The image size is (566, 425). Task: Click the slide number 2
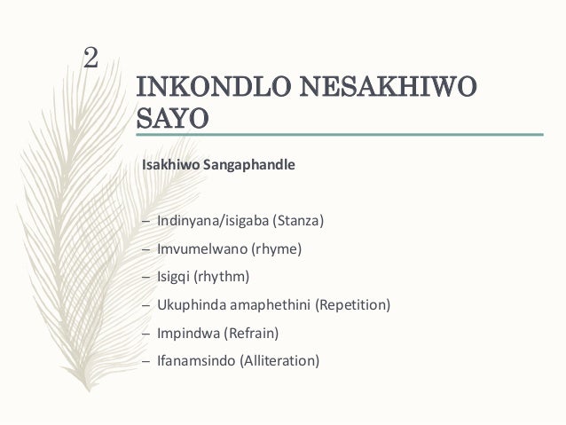click(x=90, y=58)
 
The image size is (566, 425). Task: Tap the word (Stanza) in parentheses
click(x=301, y=220)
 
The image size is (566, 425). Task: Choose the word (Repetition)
click(x=354, y=305)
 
